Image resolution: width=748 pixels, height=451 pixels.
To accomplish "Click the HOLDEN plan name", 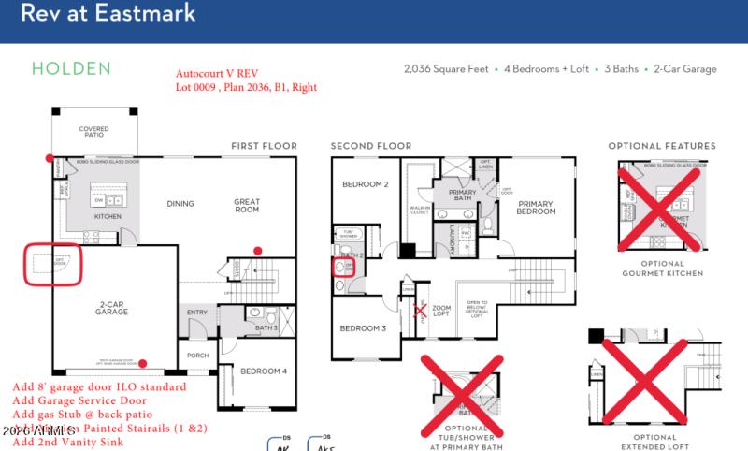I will pos(71,68).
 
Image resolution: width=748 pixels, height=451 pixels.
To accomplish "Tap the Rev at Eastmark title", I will pos(108,14).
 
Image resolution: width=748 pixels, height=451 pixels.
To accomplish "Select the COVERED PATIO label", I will pos(93,132).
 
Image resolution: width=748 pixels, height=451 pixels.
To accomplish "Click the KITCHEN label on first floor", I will pos(108,216).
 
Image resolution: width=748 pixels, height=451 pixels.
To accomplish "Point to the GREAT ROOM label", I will pos(247,204).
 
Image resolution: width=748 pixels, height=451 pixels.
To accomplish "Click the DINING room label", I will pos(180,203).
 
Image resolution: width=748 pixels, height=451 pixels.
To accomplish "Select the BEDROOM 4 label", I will pos(265,371).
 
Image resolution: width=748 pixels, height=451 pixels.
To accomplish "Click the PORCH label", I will pos(197,355).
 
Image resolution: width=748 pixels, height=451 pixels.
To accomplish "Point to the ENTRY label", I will pos(197,313).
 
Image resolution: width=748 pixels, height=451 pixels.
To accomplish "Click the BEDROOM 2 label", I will pos(364,184).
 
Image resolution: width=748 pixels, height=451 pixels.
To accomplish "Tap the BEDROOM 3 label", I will pos(362,328).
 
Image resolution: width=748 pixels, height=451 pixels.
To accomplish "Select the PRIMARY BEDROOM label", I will pos(537,208).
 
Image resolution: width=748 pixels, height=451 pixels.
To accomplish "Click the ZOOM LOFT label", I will pos(441,311).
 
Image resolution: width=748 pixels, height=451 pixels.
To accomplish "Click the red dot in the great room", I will pos(258,250).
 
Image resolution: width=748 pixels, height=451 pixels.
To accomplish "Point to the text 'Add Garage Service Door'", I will pos(79,400).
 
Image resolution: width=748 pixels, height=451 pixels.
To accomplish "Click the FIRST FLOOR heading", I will pos(264,146).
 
